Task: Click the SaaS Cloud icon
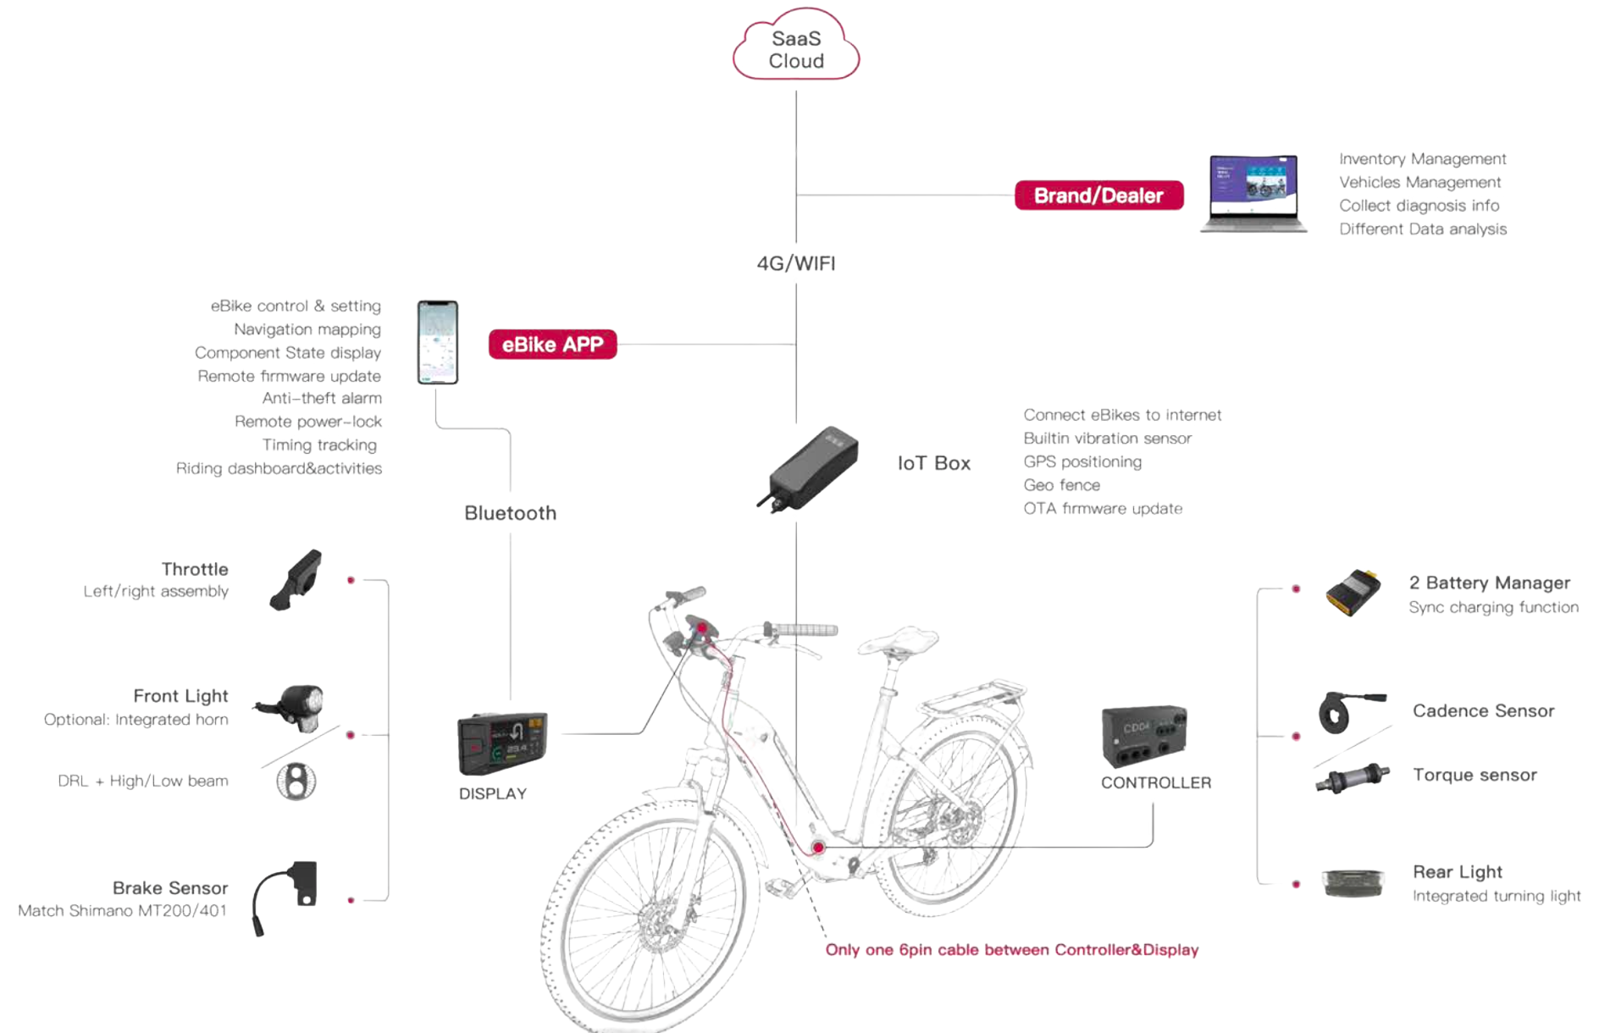795,47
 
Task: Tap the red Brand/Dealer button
1098,196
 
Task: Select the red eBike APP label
552,345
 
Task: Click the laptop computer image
1253,194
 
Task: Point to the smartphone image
438,342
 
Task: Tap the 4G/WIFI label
795,263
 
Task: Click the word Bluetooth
510,513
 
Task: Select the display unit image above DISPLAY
502,743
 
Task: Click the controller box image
1143,735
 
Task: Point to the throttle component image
296,579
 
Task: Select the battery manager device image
1353,592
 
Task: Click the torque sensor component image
1353,777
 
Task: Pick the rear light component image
1353,883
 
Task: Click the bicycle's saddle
899,641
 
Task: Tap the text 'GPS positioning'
1082,461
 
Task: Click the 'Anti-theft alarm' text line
322,398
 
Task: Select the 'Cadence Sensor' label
1483,711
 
